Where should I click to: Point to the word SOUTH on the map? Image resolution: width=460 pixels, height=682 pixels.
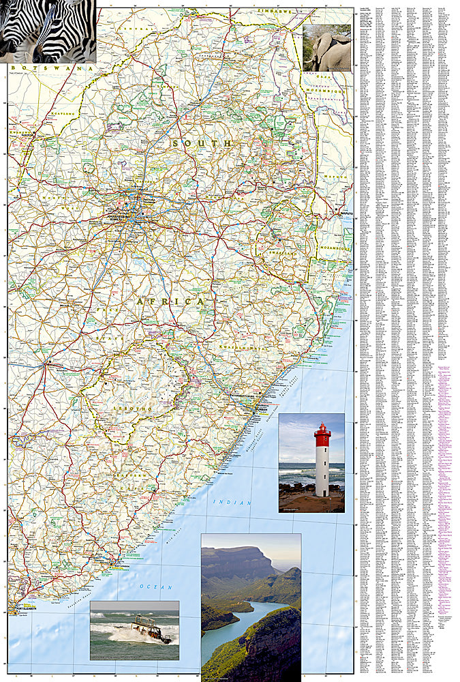[202, 143]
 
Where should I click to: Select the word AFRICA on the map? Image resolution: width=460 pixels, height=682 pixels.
[170, 301]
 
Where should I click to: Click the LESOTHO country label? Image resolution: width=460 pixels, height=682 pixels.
[137, 408]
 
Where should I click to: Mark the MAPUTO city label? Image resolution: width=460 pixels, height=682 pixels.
[349, 215]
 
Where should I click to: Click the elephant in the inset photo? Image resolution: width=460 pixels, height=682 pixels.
[331, 51]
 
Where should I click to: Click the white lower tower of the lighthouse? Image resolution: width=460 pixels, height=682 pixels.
[322, 471]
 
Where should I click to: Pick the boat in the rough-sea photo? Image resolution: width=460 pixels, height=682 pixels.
[151, 629]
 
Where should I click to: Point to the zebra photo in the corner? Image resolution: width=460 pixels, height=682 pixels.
[48, 31]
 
